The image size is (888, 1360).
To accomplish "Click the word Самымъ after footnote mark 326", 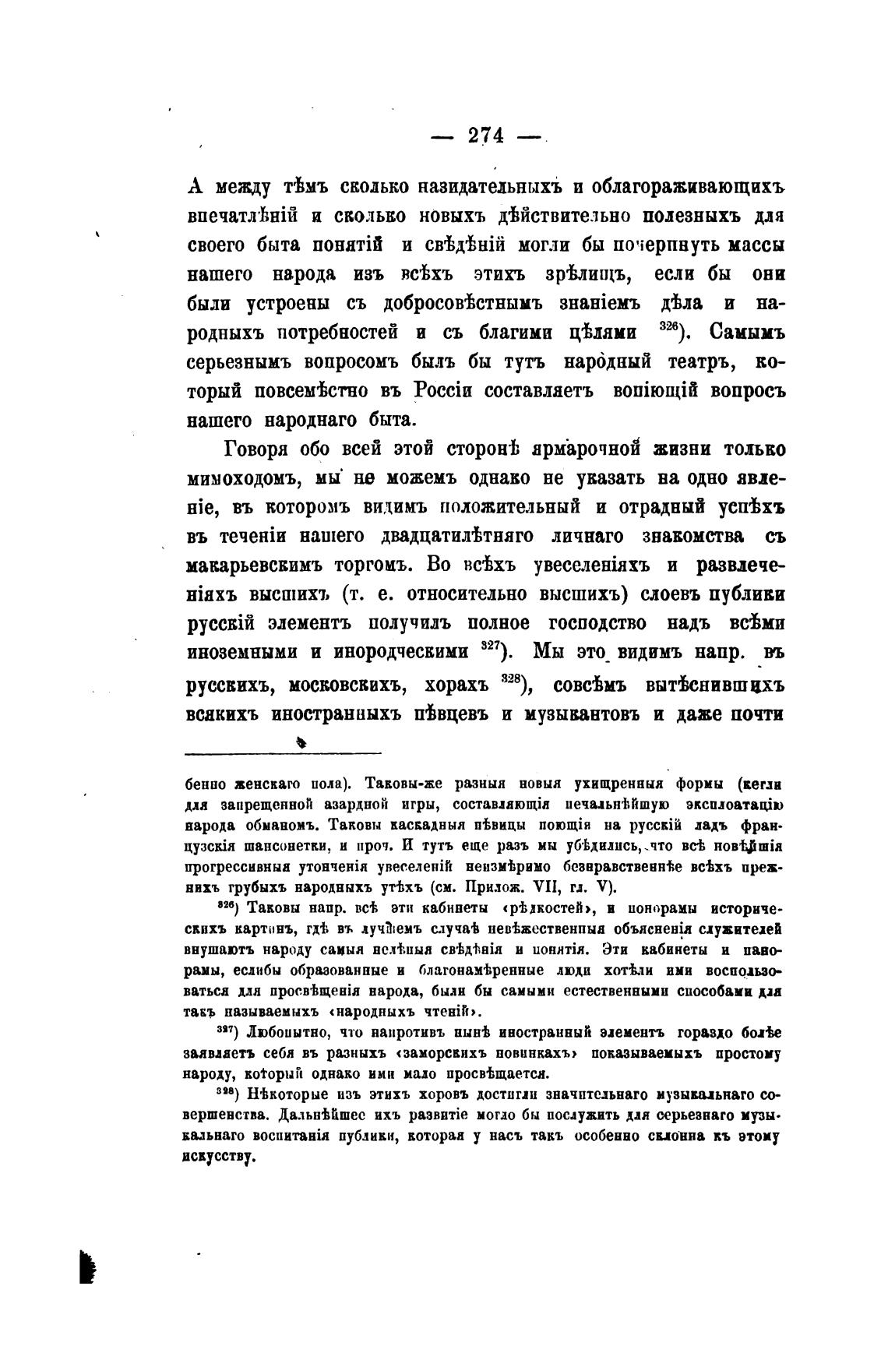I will tap(745, 333).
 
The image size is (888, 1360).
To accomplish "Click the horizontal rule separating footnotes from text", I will tap(284, 752).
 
